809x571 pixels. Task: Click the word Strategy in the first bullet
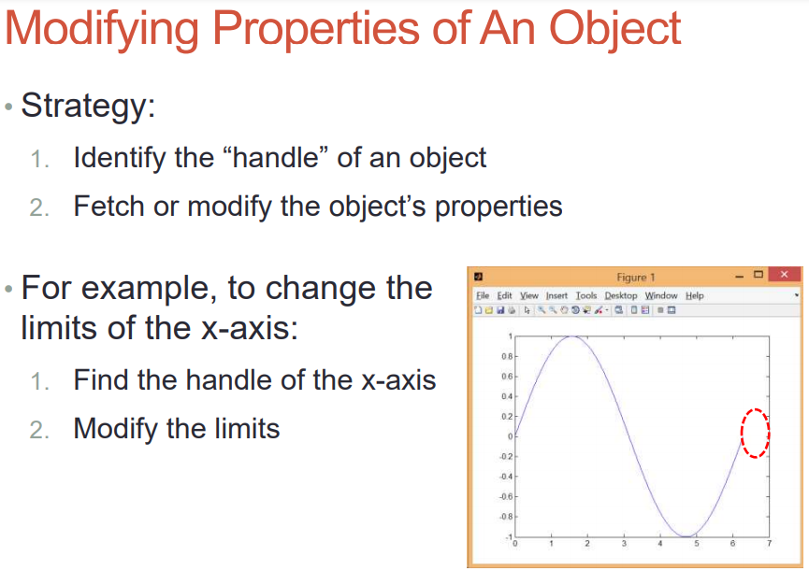84,107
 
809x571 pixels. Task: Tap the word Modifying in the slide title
102,30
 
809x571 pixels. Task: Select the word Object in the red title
615,30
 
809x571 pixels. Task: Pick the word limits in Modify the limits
247,428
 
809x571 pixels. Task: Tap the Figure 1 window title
636,278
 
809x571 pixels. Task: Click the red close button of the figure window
785,275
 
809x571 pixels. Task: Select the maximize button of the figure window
758,275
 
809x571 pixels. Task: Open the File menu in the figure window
483,295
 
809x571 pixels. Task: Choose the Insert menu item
556,295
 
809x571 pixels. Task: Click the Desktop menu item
621,296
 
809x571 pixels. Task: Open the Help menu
695,296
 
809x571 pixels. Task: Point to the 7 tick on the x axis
770,544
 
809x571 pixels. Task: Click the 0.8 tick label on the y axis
507,356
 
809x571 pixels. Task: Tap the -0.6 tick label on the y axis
506,497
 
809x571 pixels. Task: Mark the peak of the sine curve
571,336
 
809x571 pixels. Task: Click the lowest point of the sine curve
686,536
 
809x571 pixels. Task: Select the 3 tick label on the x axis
624,544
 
